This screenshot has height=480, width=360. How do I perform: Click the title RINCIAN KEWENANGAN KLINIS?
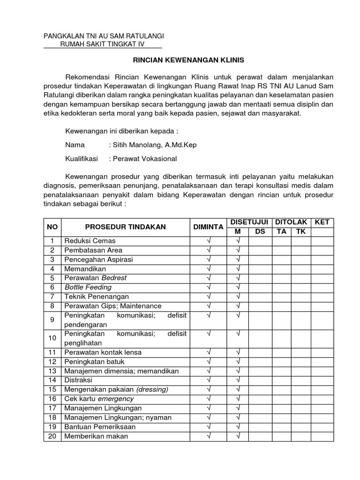point(180,60)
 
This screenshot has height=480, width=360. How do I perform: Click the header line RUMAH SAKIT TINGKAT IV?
point(103,44)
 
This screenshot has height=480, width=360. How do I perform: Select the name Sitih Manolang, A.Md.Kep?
point(152,145)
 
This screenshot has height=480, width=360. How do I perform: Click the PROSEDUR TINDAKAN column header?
point(125,226)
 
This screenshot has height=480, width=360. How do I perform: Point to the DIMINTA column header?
point(209,226)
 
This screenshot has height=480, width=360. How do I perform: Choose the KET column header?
point(322,222)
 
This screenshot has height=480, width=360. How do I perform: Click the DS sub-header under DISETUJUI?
point(260,232)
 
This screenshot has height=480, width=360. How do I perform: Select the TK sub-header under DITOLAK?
point(300,232)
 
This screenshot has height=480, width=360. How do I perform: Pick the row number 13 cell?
point(52,370)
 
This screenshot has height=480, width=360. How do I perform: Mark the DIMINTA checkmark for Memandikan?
point(209,269)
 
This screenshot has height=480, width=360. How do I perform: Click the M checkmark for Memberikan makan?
point(238,435)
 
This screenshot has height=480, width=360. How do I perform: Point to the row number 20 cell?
point(52,435)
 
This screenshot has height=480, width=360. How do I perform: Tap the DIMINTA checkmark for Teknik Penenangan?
point(209,296)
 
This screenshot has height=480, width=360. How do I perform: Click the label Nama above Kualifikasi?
point(75,145)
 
